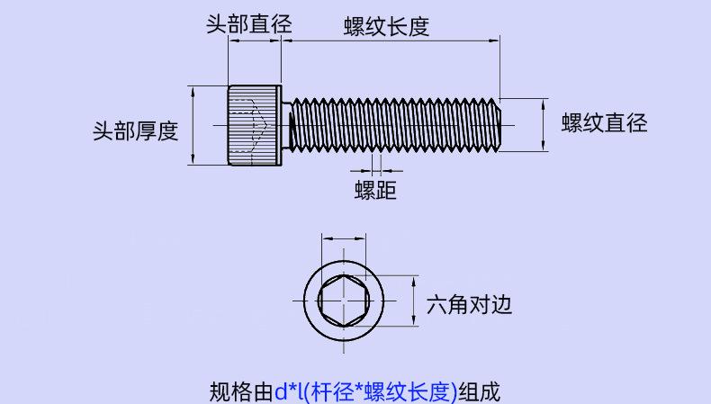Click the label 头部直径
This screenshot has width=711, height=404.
click(249, 23)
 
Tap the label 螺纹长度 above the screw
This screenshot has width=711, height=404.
click(386, 26)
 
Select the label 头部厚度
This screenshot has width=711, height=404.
click(136, 131)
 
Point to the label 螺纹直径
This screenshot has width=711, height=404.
click(604, 123)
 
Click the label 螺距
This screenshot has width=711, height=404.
click(375, 190)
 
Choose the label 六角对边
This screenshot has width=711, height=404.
click(469, 305)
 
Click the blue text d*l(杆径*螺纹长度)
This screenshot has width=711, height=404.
click(365, 392)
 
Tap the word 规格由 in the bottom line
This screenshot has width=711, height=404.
click(241, 392)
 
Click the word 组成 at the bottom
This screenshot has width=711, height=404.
click(479, 392)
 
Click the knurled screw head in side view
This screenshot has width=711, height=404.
click(255, 125)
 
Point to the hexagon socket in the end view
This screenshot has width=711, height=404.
click(344, 301)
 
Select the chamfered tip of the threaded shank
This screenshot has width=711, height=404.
click(498, 125)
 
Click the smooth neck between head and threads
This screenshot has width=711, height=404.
click(285, 125)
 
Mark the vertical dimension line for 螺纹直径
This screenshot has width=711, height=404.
click(544, 125)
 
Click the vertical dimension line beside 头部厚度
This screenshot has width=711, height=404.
click(193, 125)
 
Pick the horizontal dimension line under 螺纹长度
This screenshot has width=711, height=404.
click(391, 40)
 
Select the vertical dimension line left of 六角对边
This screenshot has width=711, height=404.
click(413, 301)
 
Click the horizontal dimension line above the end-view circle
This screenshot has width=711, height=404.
click(344, 238)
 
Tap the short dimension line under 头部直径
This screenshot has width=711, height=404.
click(255, 40)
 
